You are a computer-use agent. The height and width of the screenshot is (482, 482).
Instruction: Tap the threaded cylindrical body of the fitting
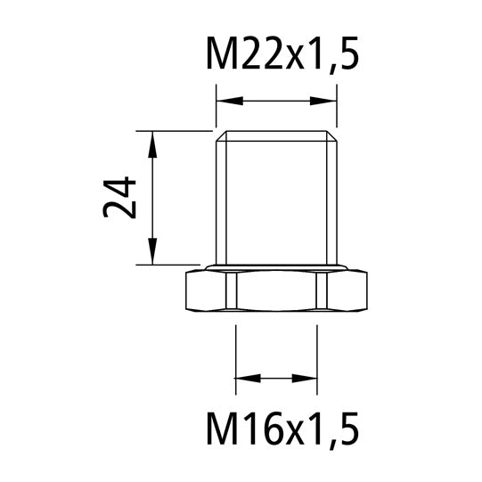coord(276,200)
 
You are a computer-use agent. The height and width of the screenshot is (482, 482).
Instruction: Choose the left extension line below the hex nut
coord(235,356)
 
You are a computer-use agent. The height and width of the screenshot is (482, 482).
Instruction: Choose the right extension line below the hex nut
coord(317,356)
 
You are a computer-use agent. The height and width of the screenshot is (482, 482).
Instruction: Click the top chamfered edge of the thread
coord(276,136)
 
